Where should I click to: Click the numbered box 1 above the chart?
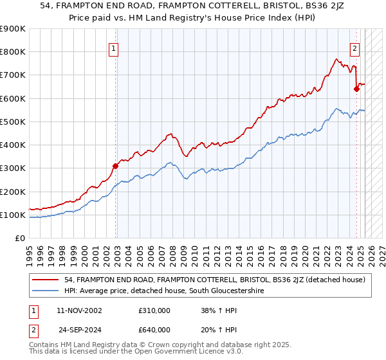(113, 47)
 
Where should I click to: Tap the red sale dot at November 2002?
(116, 166)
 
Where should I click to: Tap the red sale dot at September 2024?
(356, 89)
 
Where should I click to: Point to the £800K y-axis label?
(13, 52)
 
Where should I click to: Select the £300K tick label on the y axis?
(13, 168)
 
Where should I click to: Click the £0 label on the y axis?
(19, 239)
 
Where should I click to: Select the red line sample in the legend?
(46, 280)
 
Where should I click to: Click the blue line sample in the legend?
(46, 291)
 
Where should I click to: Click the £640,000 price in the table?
(154, 331)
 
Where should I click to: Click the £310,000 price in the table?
(154, 310)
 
